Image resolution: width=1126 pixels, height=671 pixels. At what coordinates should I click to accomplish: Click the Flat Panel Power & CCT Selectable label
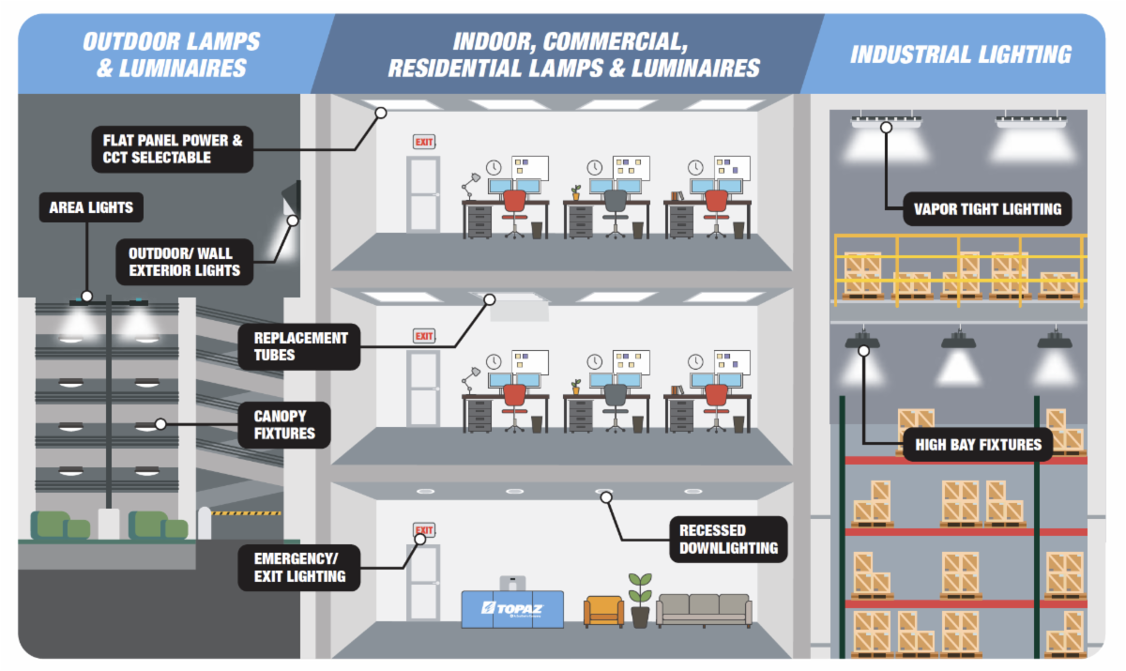pyautogui.click(x=173, y=149)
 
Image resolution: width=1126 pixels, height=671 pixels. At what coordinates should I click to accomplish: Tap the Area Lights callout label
pyautogui.click(x=91, y=207)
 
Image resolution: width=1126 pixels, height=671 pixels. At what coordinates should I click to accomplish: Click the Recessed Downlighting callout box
pyautogui.click(x=727, y=539)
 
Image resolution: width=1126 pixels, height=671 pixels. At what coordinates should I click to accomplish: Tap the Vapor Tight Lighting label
pyautogui.click(x=987, y=208)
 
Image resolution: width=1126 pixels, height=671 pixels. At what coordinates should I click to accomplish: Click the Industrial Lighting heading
pyautogui.click(x=960, y=54)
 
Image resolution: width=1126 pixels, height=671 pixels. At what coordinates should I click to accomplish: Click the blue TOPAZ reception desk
pyautogui.click(x=512, y=608)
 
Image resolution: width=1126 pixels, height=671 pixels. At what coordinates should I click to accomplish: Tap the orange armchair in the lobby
pyautogui.click(x=603, y=610)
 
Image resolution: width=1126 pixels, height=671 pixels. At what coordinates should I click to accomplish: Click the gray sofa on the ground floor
pyautogui.click(x=703, y=610)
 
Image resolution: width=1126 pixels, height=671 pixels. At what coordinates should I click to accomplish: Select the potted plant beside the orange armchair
pyautogui.click(x=640, y=600)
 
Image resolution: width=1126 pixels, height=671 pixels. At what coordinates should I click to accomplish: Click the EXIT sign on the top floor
pyautogui.click(x=424, y=142)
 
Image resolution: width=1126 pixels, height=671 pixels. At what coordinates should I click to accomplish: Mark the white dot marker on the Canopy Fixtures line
pyautogui.click(x=160, y=424)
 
